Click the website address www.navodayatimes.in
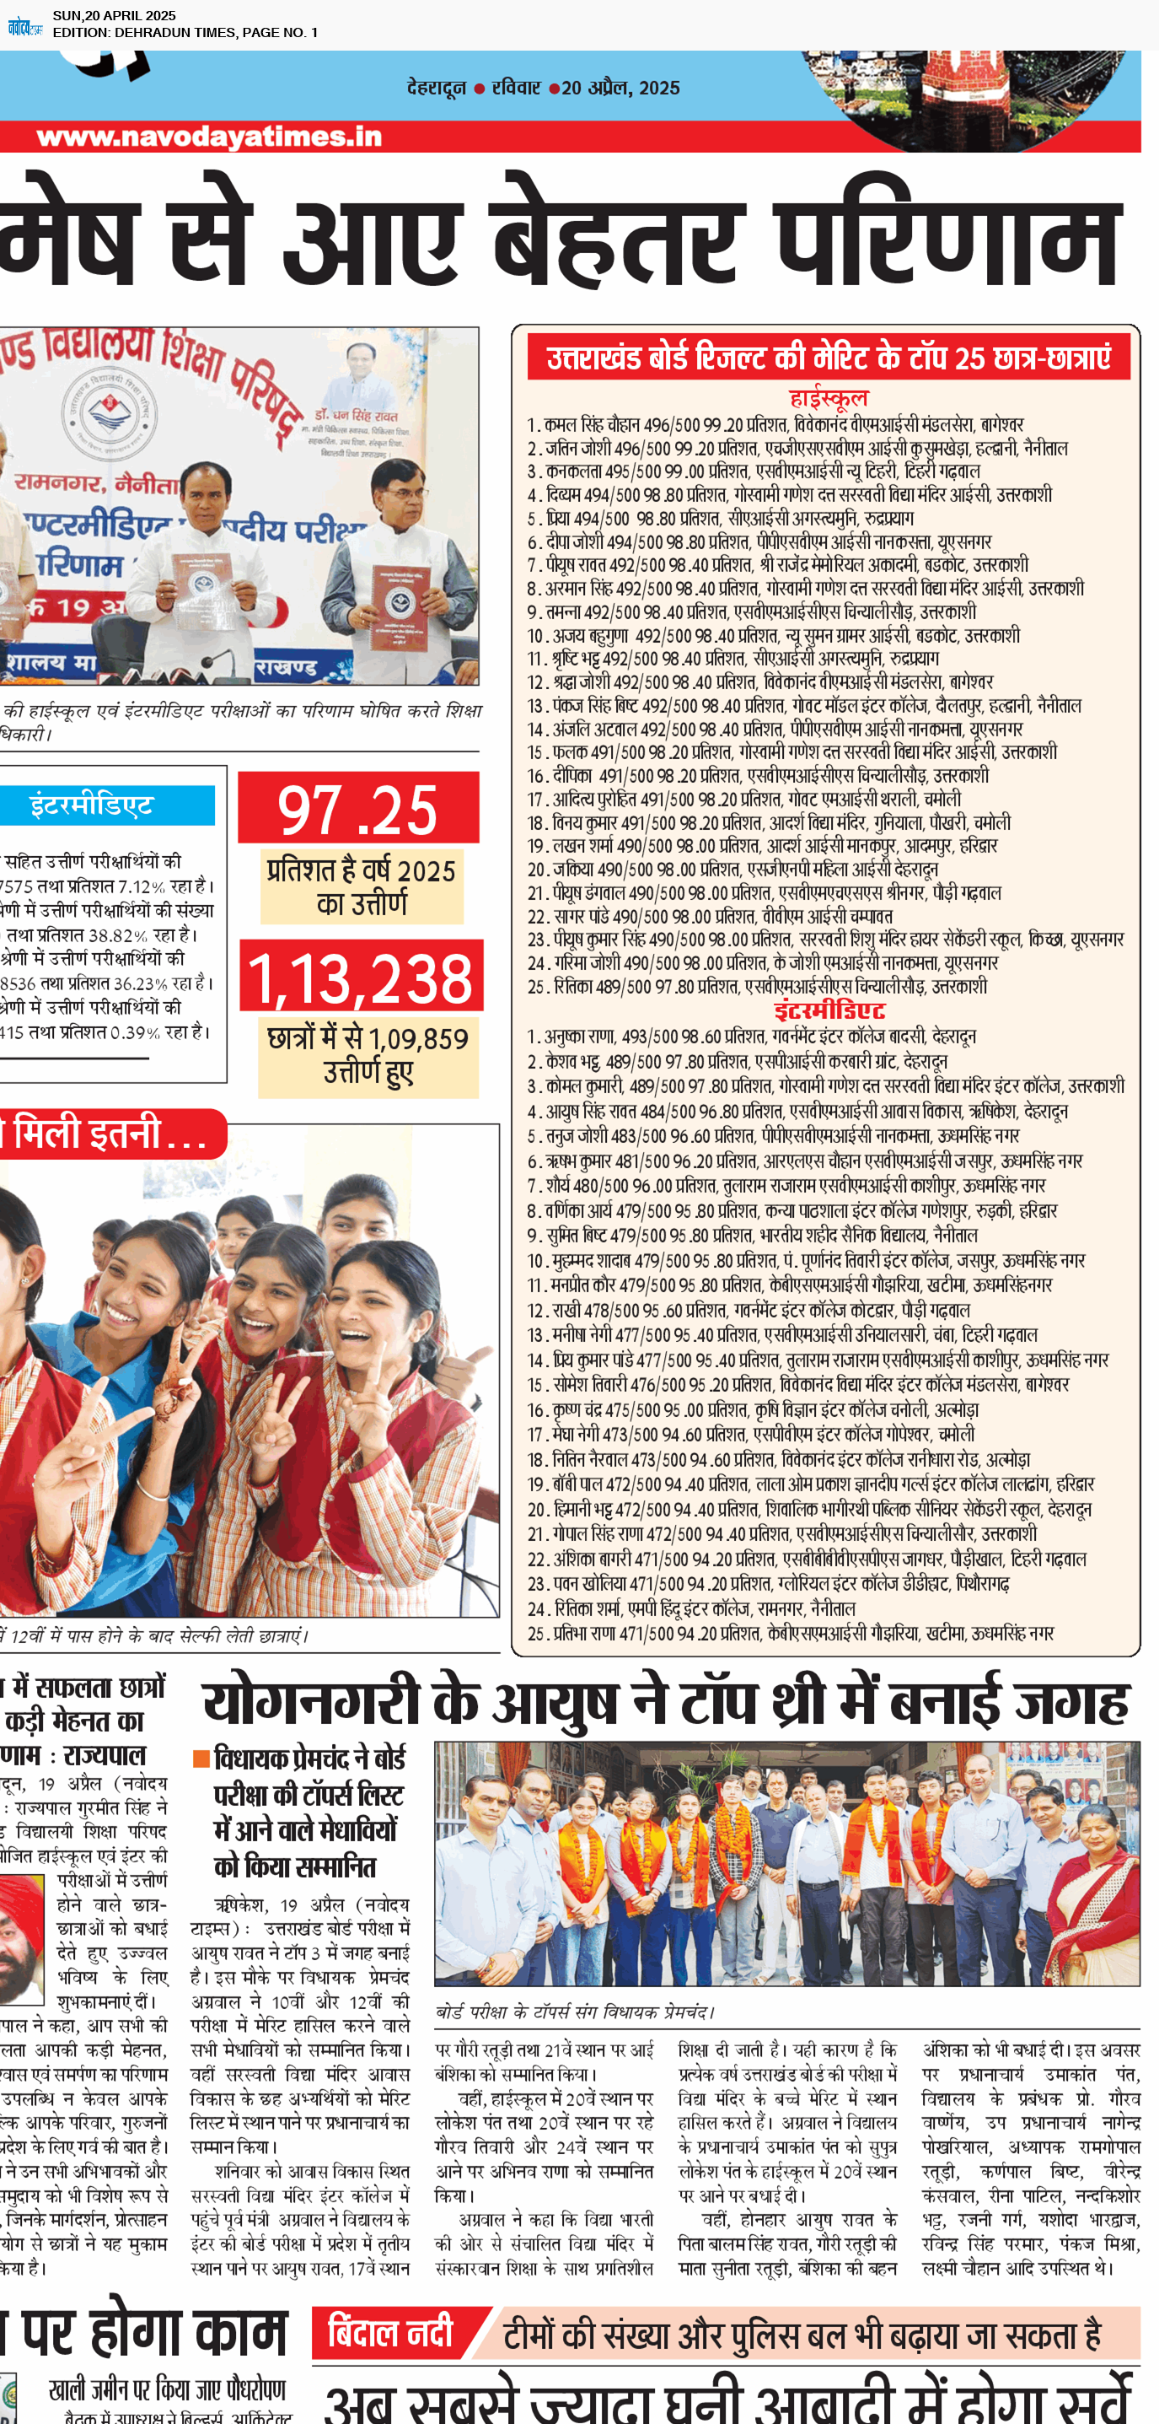click(x=209, y=137)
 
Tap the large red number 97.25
click(x=357, y=809)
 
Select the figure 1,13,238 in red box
click(x=362, y=978)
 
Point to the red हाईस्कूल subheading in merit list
click(x=828, y=397)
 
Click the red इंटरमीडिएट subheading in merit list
click(x=829, y=1010)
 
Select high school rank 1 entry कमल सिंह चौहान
click(x=775, y=424)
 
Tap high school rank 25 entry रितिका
click(x=756, y=986)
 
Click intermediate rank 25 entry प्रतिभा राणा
click(x=791, y=1634)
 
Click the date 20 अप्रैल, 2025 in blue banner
click(x=621, y=88)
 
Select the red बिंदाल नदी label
click(x=390, y=2332)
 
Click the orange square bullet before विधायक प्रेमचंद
click(x=201, y=1759)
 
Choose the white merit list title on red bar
click(x=828, y=358)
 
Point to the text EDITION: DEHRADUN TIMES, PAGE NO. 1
click(x=185, y=32)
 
